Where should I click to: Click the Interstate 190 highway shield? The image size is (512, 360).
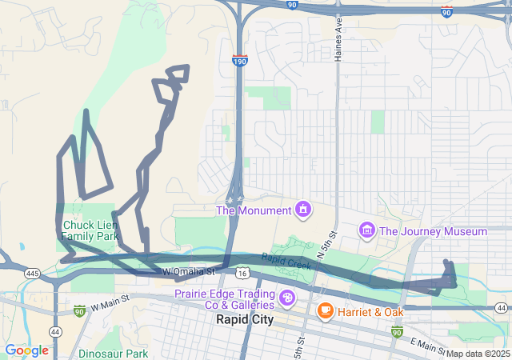[x=240, y=60]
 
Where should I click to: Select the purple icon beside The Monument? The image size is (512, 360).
[x=303, y=210]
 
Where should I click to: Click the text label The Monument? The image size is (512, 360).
[x=254, y=210]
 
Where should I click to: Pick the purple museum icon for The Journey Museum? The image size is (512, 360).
[x=367, y=231]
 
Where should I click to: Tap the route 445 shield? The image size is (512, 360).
[x=32, y=274]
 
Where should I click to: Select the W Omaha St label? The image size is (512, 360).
[x=189, y=272]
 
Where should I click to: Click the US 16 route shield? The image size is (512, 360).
[x=242, y=274]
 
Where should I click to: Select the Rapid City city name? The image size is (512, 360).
[x=245, y=319]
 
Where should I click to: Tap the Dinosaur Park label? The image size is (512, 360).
[x=114, y=353]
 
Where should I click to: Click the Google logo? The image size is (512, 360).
[x=26, y=350]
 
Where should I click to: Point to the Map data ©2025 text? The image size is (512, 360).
[x=478, y=354]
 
